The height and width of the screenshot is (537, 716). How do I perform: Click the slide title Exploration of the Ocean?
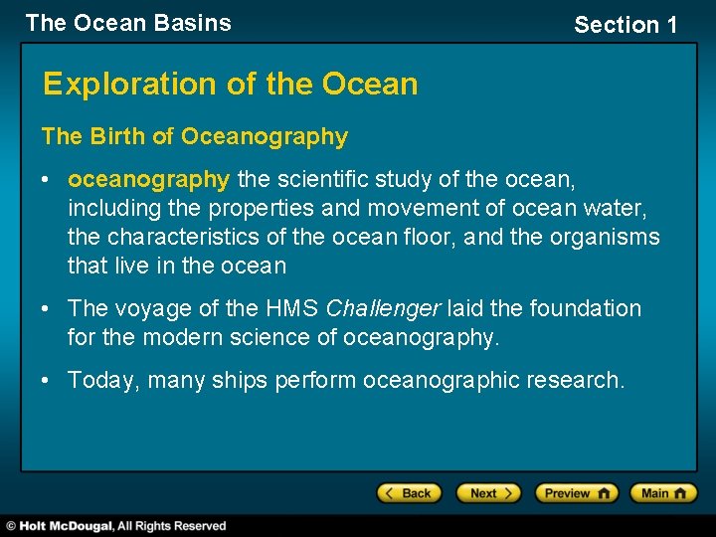(x=230, y=85)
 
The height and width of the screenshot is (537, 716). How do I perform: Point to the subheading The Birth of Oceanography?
(x=195, y=137)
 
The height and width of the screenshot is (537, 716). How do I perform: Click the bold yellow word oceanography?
(x=149, y=180)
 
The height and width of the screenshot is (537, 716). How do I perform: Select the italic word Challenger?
(x=383, y=309)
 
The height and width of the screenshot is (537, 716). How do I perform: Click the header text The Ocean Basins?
(x=128, y=23)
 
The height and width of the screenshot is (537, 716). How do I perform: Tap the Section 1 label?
(x=626, y=25)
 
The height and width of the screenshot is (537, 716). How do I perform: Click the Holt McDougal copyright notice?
(x=116, y=526)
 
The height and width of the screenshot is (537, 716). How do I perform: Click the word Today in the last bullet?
(x=99, y=380)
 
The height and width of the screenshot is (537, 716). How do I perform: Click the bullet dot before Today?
(x=47, y=380)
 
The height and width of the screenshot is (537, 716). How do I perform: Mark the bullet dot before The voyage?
(x=47, y=309)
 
